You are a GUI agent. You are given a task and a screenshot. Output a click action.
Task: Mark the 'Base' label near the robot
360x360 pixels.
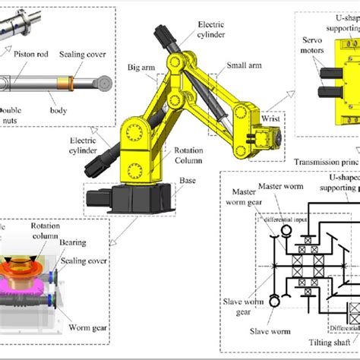click(208, 181)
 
